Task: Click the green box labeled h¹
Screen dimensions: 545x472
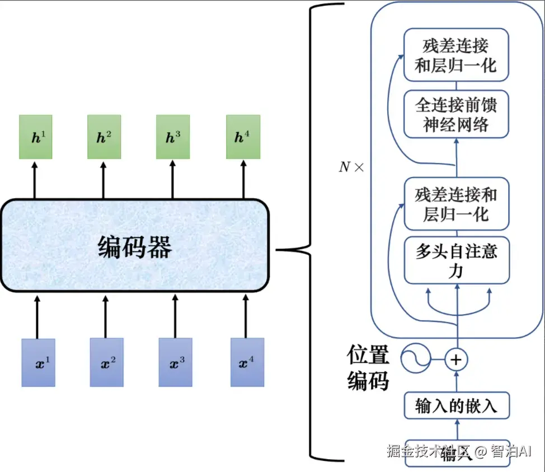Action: tap(35, 137)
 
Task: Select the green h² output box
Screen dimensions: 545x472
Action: tap(104, 137)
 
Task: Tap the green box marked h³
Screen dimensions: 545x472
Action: tap(173, 137)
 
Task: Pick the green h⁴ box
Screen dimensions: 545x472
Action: tap(243, 137)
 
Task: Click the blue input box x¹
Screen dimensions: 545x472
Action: tap(38, 362)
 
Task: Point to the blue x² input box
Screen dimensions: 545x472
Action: tap(107, 362)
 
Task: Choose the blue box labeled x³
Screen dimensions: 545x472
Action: tap(175, 362)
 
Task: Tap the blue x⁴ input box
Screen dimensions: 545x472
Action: tap(247, 362)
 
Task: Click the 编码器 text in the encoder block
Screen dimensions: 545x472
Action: tap(135, 247)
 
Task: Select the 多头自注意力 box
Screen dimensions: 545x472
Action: tap(457, 260)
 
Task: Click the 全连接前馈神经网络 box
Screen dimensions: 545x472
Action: tap(456, 114)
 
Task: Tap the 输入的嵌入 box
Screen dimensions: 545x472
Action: tap(457, 405)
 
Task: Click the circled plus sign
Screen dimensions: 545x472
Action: tap(456, 359)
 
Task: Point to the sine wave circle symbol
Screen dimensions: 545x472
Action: tap(415, 358)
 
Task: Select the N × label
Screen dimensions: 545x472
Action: tap(351, 167)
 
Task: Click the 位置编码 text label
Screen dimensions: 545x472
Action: tap(368, 368)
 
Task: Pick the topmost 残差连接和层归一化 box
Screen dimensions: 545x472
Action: tap(456, 55)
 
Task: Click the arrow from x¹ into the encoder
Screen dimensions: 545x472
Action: tap(37, 317)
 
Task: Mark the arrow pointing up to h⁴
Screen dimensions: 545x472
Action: tap(243, 180)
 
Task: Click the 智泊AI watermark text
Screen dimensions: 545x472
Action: tap(511, 451)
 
